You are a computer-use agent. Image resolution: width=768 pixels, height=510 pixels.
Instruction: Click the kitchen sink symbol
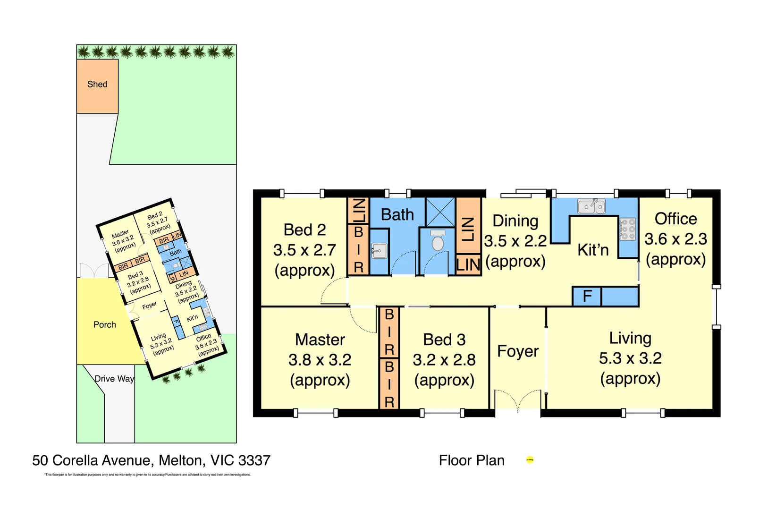tap(591, 206)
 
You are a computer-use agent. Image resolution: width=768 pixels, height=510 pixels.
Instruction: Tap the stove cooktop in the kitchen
tap(628, 229)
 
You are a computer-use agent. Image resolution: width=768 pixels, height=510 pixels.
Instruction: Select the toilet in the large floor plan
tap(438, 241)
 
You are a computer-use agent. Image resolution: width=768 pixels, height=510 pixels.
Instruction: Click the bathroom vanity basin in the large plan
tap(379, 251)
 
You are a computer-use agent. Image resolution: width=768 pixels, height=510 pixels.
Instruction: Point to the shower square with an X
tap(440, 212)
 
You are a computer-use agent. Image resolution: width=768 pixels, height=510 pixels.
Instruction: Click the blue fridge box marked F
tap(587, 297)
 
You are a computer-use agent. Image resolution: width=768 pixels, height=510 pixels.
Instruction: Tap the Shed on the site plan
tap(97, 85)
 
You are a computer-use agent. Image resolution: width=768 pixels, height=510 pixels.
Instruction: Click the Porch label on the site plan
tap(104, 325)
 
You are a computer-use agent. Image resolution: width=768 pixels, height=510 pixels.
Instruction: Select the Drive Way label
tap(114, 379)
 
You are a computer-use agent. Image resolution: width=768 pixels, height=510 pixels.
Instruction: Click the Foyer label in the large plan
tap(518, 351)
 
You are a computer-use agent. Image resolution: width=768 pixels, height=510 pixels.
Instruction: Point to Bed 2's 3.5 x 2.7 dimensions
tap(304, 250)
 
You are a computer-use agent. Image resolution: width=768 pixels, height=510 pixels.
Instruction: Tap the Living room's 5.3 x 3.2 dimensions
tap(630, 358)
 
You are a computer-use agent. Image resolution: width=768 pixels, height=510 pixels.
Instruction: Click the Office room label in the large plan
tap(675, 219)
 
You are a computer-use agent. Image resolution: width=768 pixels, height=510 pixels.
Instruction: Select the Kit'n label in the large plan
tap(593, 250)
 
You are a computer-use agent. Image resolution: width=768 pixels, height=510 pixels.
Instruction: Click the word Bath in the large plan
tap(397, 215)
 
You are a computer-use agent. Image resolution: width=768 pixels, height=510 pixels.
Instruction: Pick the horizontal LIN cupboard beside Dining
tap(468, 265)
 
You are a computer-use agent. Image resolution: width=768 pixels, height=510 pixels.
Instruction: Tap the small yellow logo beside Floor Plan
tap(530, 460)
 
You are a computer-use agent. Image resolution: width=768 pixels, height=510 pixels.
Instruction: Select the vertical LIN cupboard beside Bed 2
tap(358, 211)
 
